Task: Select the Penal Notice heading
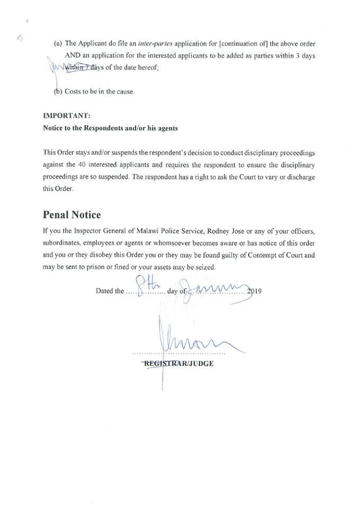pos(72,215)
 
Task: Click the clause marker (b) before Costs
pos(58,91)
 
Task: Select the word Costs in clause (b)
pos(73,91)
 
